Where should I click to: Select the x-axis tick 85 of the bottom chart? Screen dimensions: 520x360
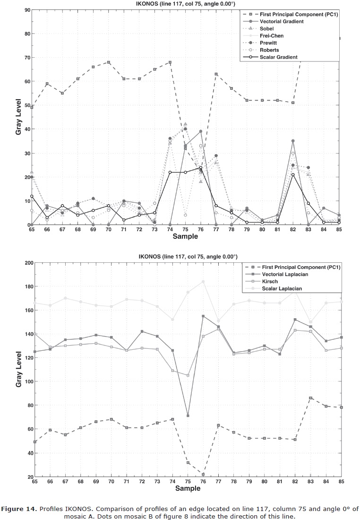[340, 481]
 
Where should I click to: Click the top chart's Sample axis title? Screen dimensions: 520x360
[186, 236]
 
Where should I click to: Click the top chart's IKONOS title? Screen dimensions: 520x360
[186, 4]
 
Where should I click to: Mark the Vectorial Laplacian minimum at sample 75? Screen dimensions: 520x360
[188, 416]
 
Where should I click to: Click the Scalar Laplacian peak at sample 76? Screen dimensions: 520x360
[203, 282]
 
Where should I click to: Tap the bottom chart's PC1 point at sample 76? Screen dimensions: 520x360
[203, 474]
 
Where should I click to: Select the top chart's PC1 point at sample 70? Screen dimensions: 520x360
[109, 62]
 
